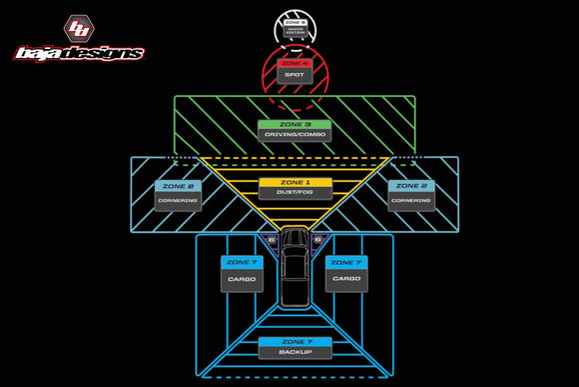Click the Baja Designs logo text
(x=78, y=53)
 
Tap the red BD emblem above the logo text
(x=78, y=28)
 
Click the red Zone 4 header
(x=293, y=63)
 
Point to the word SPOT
(x=293, y=75)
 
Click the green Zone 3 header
(x=293, y=125)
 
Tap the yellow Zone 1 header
(x=294, y=183)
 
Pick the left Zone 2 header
(x=178, y=186)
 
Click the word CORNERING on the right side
(x=410, y=200)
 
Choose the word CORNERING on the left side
(x=178, y=200)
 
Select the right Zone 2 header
(x=410, y=186)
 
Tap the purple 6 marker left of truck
(x=272, y=240)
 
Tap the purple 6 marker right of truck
(x=317, y=240)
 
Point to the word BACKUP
(x=294, y=353)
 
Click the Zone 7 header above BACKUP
(x=294, y=342)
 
